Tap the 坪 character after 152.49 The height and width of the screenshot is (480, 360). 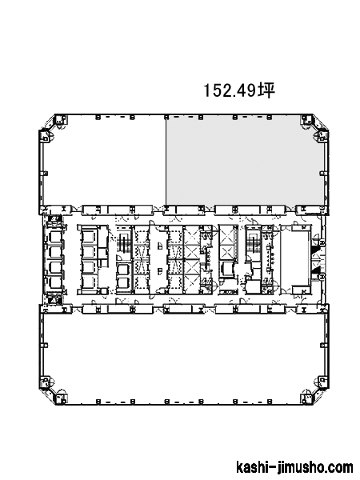coord(266,90)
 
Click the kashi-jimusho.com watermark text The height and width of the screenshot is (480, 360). coord(294,467)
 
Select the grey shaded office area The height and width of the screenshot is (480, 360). coord(245,161)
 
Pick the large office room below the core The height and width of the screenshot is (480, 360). coord(184,357)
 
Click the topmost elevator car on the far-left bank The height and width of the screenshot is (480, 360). coord(55,238)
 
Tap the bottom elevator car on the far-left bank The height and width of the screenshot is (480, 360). coord(55,282)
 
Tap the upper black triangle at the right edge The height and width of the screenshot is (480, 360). coord(315,250)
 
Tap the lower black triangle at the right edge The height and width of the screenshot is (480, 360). coord(315,270)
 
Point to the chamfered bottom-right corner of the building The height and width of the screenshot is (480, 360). coord(320,397)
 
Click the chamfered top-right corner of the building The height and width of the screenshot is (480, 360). coord(320,122)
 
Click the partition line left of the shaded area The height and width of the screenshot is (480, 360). coord(166,161)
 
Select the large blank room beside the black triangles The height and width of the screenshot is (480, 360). coord(294,259)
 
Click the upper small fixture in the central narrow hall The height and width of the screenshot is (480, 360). coord(159,246)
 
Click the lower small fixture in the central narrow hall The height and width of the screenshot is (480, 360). coord(159,271)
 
